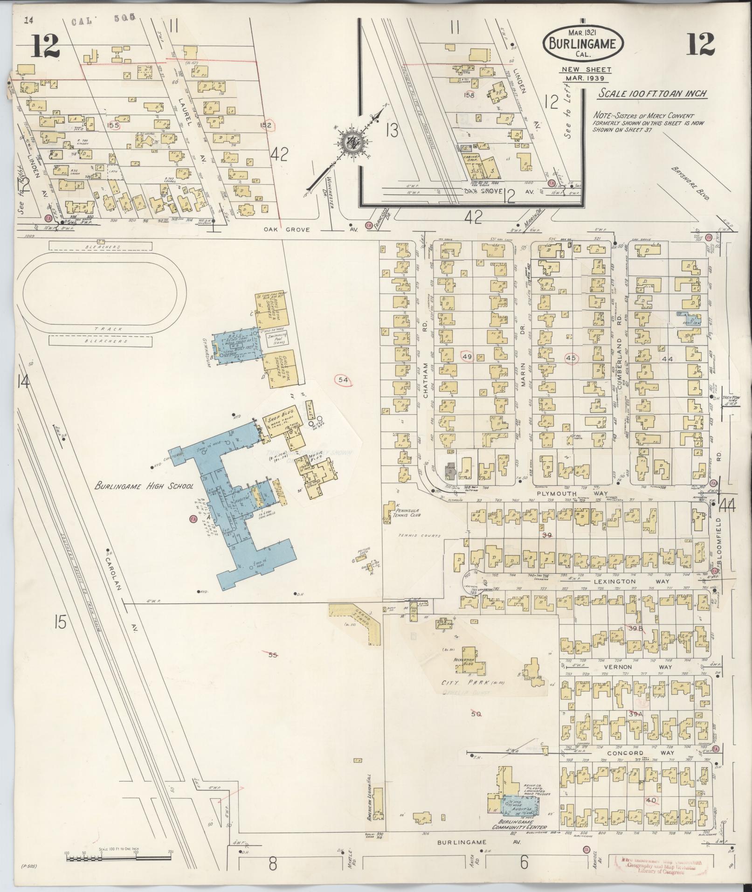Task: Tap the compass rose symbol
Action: pos(348,143)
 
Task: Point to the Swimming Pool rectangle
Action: pos(277,339)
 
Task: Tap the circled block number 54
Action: pos(343,380)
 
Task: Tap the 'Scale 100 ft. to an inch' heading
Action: pos(653,94)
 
